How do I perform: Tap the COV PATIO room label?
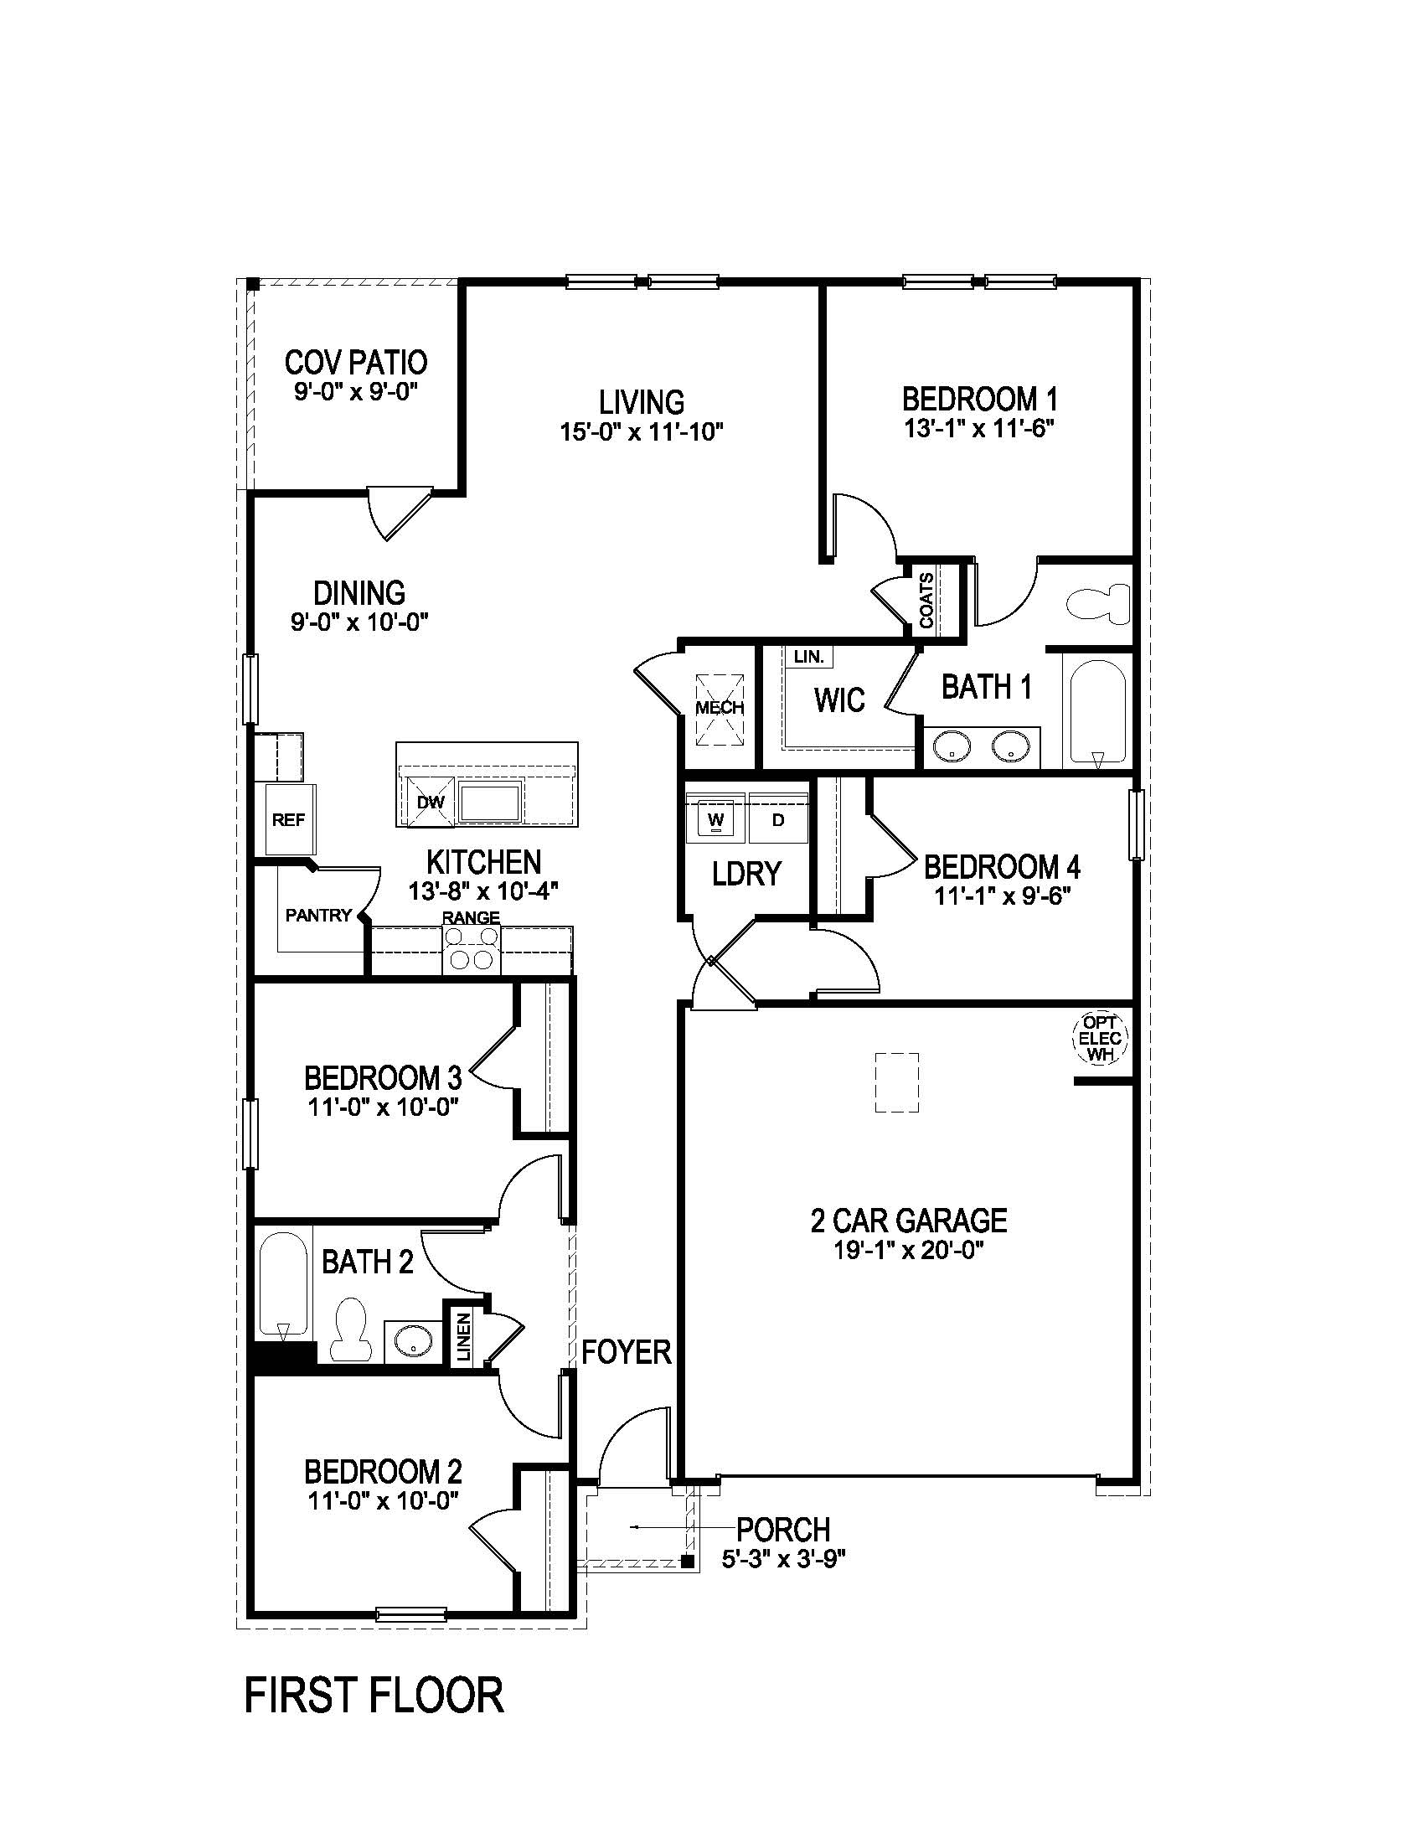tap(355, 363)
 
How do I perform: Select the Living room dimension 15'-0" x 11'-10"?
tap(641, 432)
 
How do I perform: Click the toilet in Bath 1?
tap(1098, 604)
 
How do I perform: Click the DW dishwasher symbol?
tap(431, 802)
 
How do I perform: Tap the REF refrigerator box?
tap(287, 819)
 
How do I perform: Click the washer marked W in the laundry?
tap(716, 818)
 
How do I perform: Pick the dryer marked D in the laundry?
tap(778, 818)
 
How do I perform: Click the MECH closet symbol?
tap(720, 707)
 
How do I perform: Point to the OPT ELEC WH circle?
tap(1100, 1038)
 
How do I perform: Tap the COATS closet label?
tap(926, 601)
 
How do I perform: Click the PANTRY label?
tap(318, 915)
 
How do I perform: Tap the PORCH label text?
tap(783, 1529)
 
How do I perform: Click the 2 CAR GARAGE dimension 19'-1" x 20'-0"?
tap(909, 1250)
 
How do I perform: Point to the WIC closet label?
tap(838, 700)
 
